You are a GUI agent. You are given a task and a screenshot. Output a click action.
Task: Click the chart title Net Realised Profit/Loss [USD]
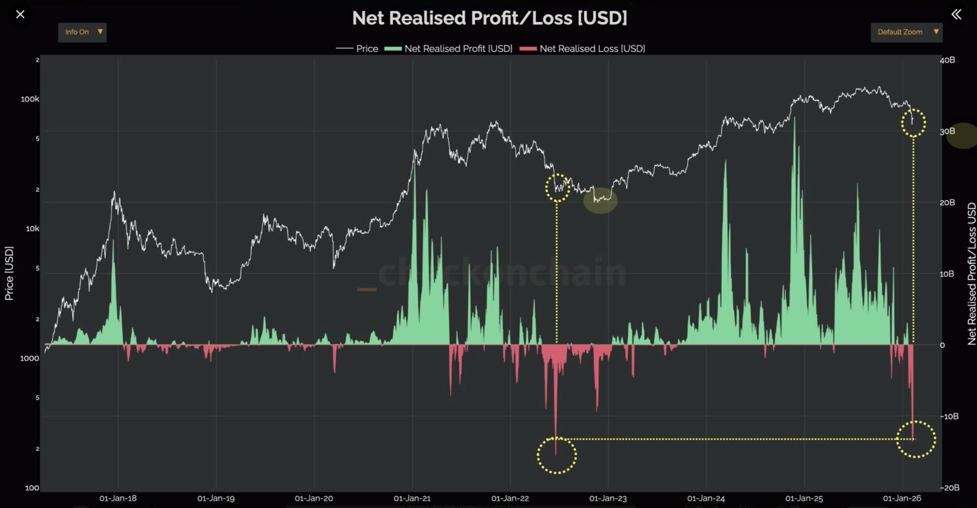coord(490,18)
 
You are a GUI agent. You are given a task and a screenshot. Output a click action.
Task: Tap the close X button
coord(20,14)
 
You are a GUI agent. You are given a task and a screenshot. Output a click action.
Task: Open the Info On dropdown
coord(82,32)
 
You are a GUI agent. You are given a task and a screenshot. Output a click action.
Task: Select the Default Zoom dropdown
coord(906,32)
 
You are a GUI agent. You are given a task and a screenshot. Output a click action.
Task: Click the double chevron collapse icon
coord(957,14)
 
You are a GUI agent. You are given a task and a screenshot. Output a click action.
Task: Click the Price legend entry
coord(357,49)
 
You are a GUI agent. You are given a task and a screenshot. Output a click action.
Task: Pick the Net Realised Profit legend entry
coord(449,49)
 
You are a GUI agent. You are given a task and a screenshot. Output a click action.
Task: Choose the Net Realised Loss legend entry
coord(583,49)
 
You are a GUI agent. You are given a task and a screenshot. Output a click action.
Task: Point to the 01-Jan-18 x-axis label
coord(118,498)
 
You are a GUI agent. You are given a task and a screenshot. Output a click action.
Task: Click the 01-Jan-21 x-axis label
coord(412,498)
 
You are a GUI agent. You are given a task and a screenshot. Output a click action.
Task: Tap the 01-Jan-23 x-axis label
coord(608,498)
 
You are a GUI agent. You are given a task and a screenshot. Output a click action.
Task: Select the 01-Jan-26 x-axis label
coord(902,498)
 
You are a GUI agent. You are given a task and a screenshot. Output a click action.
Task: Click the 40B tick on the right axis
coord(947,60)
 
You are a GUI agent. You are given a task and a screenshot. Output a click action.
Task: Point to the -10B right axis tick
coord(949,416)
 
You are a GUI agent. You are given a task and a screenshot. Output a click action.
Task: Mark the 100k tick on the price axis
coord(30,99)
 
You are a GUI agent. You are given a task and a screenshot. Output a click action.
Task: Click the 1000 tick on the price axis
coord(30,358)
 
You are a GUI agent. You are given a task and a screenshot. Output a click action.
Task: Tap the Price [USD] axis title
coord(9,273)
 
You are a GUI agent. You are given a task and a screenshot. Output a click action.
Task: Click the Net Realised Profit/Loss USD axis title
coord(971,273)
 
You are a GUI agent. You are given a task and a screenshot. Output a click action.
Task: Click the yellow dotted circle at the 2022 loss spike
coord(557,455)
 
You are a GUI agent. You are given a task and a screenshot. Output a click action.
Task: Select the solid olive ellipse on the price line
coord(600,200)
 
